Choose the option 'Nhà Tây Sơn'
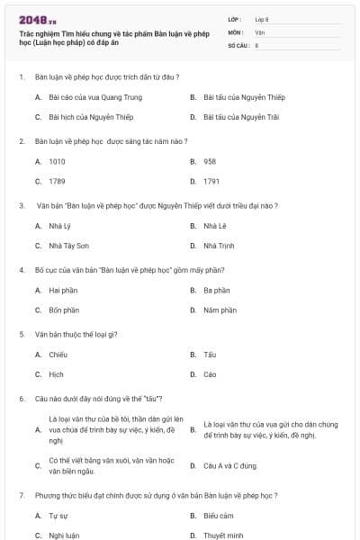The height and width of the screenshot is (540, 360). coord(69,246)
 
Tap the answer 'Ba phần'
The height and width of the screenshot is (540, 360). coord(217,290)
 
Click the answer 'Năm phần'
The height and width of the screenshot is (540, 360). coord(220,310)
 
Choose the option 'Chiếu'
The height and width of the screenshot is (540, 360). coord(58,355)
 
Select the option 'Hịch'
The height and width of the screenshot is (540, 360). coord(57,374)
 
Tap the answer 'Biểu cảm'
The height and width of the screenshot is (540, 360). coord(219,516)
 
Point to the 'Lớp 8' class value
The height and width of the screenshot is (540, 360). coord(261,18)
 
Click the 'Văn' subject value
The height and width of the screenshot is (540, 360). coord(259,31)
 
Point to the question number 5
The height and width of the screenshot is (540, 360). coord(21,334)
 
